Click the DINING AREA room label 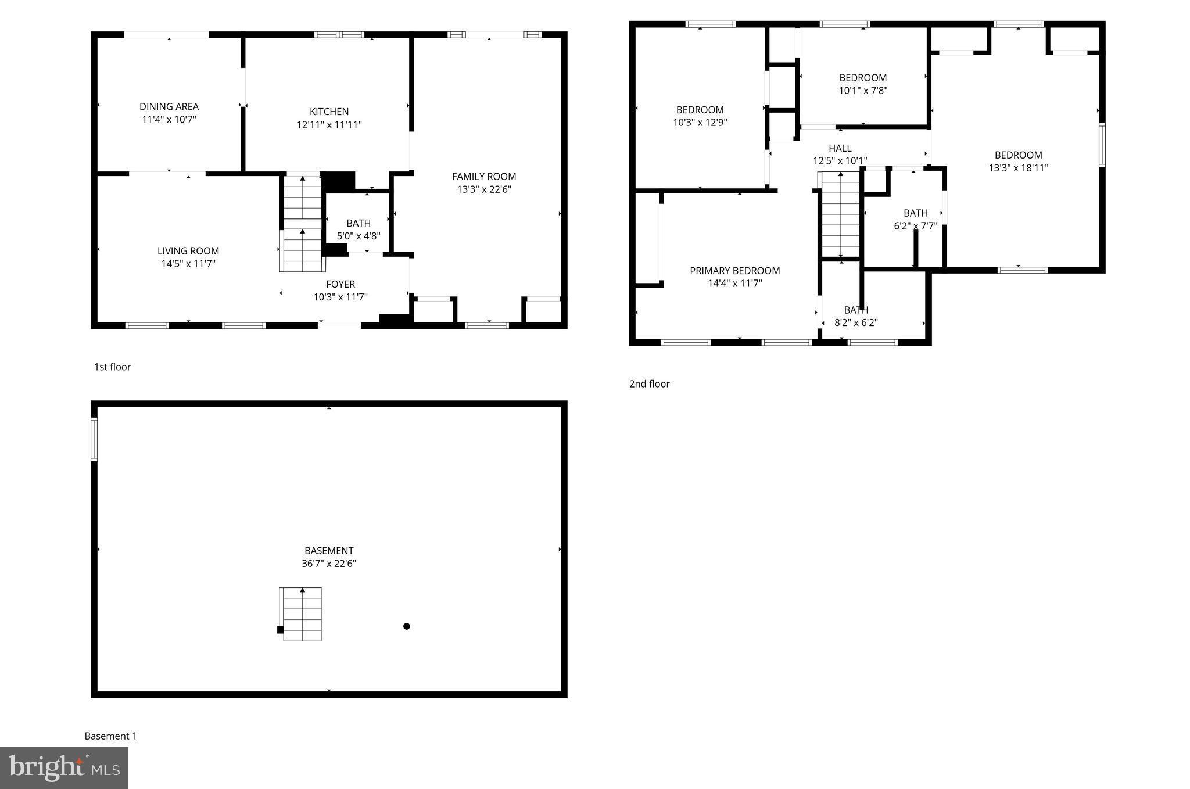point(169,107)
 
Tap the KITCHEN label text point(329,112)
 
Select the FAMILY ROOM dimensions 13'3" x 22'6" point(484,189)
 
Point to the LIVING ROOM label point(188,251)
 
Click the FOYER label point(340,284)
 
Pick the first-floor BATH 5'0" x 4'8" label point(359,229)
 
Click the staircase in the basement point(302,614)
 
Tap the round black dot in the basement point(407,626)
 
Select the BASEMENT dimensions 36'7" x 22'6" point(329,564)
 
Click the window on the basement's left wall point(94,439)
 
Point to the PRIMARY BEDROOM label point(734,271)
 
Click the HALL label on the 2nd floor point(840,149)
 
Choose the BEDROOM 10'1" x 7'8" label point(863,84)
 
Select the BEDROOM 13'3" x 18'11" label point(1018,162)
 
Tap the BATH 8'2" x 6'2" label point(856,316)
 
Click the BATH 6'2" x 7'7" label point(915,219)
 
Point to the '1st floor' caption point(113,367)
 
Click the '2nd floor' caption point(649,384)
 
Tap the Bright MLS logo point(64,768)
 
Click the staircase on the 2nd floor point(840,214)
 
